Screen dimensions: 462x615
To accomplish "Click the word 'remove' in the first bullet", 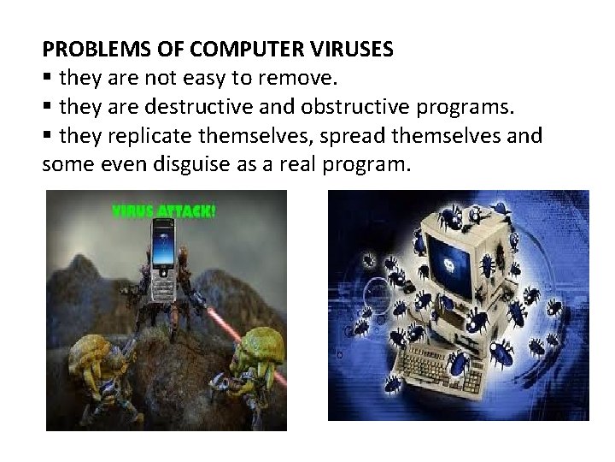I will tap(301, 79).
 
